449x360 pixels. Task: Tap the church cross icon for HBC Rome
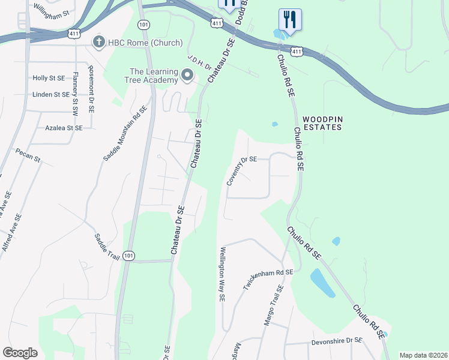98,41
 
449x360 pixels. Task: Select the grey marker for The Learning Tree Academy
187,76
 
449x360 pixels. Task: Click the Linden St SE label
50,94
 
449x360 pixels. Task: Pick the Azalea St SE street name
64,128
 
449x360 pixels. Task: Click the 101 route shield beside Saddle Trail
128,256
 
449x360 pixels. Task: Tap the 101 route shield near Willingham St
143,25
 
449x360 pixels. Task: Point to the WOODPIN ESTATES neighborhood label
322,124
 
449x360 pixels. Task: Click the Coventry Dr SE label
241,170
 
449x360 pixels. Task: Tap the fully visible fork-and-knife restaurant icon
290,19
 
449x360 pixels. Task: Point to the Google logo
20,353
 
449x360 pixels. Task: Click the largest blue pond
322,283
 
